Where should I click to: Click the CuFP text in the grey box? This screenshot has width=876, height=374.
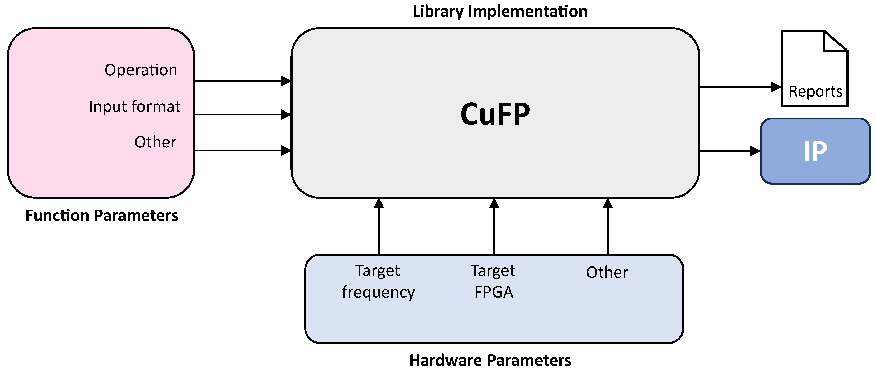click(x=495, y=114)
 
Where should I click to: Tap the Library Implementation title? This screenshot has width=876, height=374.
click(x=500, y=12)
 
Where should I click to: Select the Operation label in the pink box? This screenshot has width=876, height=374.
click(x=141, y=70)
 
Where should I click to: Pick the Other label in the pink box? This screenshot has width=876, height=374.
click(x=155, y=142)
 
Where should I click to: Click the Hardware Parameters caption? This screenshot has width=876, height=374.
click(x=490, y=360)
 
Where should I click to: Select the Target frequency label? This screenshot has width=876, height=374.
click(x=378, y=281)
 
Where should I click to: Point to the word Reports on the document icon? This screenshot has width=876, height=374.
click(x=815, y=91)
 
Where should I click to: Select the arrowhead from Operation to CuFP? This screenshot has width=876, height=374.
click(x=286, y=81)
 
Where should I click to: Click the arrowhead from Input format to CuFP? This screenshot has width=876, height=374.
click(x=286, y=115)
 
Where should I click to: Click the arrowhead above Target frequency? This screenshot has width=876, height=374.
click(x=379, y=203)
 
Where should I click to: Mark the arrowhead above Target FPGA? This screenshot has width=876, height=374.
click(x=494, y=203)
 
